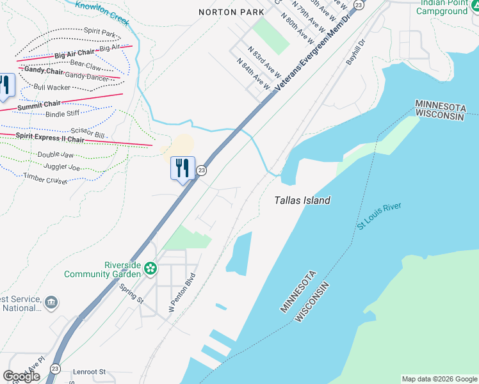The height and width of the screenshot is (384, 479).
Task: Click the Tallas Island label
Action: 302,200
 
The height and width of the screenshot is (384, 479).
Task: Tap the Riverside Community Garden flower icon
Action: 150,268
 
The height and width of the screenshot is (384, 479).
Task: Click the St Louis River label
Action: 379,216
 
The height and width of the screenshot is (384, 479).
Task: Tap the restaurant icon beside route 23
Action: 183,168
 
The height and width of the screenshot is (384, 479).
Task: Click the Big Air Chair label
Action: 74,52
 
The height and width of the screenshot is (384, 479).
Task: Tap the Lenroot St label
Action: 89,371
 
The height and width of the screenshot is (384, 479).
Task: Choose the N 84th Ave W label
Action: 254,74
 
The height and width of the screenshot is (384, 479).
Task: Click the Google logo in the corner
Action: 21,376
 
